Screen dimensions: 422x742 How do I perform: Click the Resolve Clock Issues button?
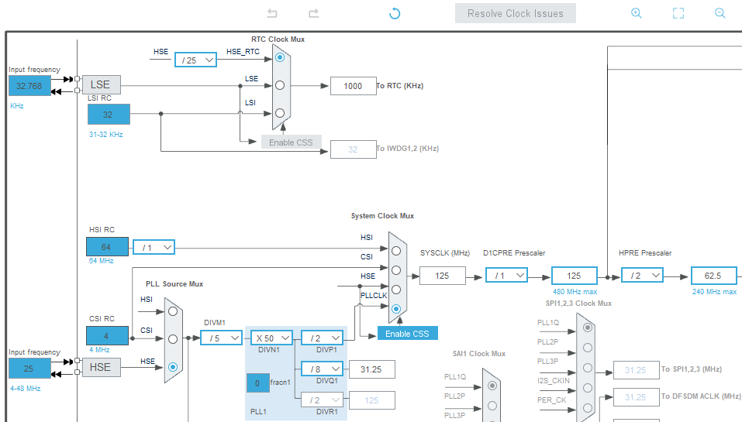tap(515, 13)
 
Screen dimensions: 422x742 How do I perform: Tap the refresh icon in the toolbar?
tap(395, 13)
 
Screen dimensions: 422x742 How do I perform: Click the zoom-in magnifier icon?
tap(637, 13)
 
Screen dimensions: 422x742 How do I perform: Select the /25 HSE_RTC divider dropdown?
tap(196, 60)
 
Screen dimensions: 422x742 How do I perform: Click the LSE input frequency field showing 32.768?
tap(30, 86)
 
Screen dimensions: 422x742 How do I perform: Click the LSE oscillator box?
tap(102, 84)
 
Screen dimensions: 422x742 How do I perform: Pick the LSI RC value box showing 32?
tap(109, 114)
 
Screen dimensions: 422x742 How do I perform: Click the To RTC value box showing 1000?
tap(353, 86)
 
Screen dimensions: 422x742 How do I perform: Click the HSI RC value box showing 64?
tap(108, 247)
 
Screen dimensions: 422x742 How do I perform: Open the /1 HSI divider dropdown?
tap(154, 247)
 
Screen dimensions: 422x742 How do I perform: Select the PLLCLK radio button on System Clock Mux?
tap(396, 309)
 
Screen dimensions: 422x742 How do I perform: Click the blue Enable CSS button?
tap(407, 333)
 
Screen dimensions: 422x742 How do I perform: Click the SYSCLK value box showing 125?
tap(443, 275)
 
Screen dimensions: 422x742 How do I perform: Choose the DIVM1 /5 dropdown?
tap(221, 338)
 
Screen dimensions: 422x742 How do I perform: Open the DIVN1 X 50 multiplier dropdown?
tap(271, 338)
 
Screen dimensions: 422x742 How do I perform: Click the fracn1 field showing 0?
tap(258, 382)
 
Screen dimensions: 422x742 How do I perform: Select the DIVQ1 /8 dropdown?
tap(322, 369)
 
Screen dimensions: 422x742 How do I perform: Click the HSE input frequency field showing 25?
tap(29, 368)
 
